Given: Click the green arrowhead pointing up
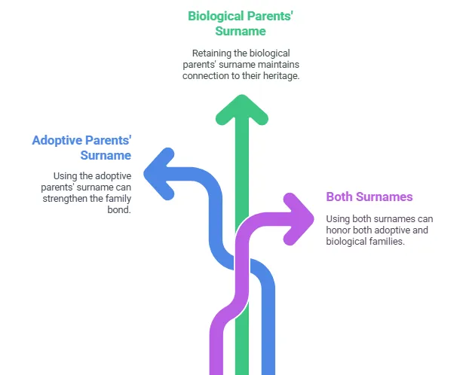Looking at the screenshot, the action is [x=242, y=108].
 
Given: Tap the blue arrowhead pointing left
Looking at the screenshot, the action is [x=158, y=174].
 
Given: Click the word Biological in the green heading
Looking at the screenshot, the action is [x=216, y=16].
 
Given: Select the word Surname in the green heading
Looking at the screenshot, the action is [x=241, y=31].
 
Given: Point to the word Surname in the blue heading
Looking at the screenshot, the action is [x=106, y=155].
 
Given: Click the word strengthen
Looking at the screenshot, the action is [x=66, y=198].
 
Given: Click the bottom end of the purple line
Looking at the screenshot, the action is [x=216, y=373].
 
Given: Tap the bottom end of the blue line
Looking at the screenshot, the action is [x=268, y=373].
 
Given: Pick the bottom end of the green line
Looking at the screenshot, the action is [x=242, y=373].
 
